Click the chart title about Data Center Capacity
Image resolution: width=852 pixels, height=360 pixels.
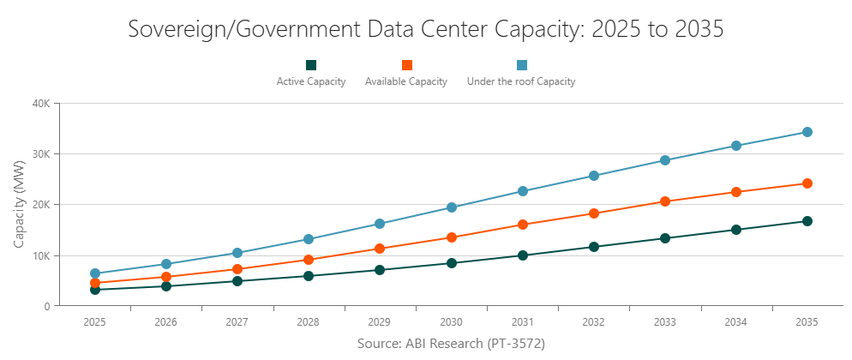tap(426, 28)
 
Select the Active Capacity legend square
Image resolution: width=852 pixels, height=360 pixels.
tap(311, 65)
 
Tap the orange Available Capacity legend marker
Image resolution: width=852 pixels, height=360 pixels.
tap(407, 65)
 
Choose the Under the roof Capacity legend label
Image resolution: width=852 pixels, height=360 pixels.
tap(520, 82)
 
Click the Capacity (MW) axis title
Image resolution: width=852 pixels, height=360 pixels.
tap(19, 205)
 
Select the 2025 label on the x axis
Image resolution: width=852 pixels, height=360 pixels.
tap(94, 322)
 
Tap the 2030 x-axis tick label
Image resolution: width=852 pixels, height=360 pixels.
tap(451, 322)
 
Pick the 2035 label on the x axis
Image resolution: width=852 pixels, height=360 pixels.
tap(807, 322)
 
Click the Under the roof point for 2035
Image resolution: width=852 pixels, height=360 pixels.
tap(807, 132)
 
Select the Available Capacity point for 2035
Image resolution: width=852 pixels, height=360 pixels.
tap(807, 183)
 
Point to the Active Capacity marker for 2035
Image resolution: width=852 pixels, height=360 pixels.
tap(807, 221)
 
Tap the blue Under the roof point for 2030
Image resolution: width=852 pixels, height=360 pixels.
tap(451, 207)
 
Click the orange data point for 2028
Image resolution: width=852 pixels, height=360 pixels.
tap(309, 260)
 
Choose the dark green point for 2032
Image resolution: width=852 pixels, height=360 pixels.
tap(593, 247)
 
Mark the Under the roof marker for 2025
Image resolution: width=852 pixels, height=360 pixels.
tap(94, 274)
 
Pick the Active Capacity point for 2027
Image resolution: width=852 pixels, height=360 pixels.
tap(237, 281)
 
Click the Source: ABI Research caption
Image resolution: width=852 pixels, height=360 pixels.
tap(451, 343)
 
